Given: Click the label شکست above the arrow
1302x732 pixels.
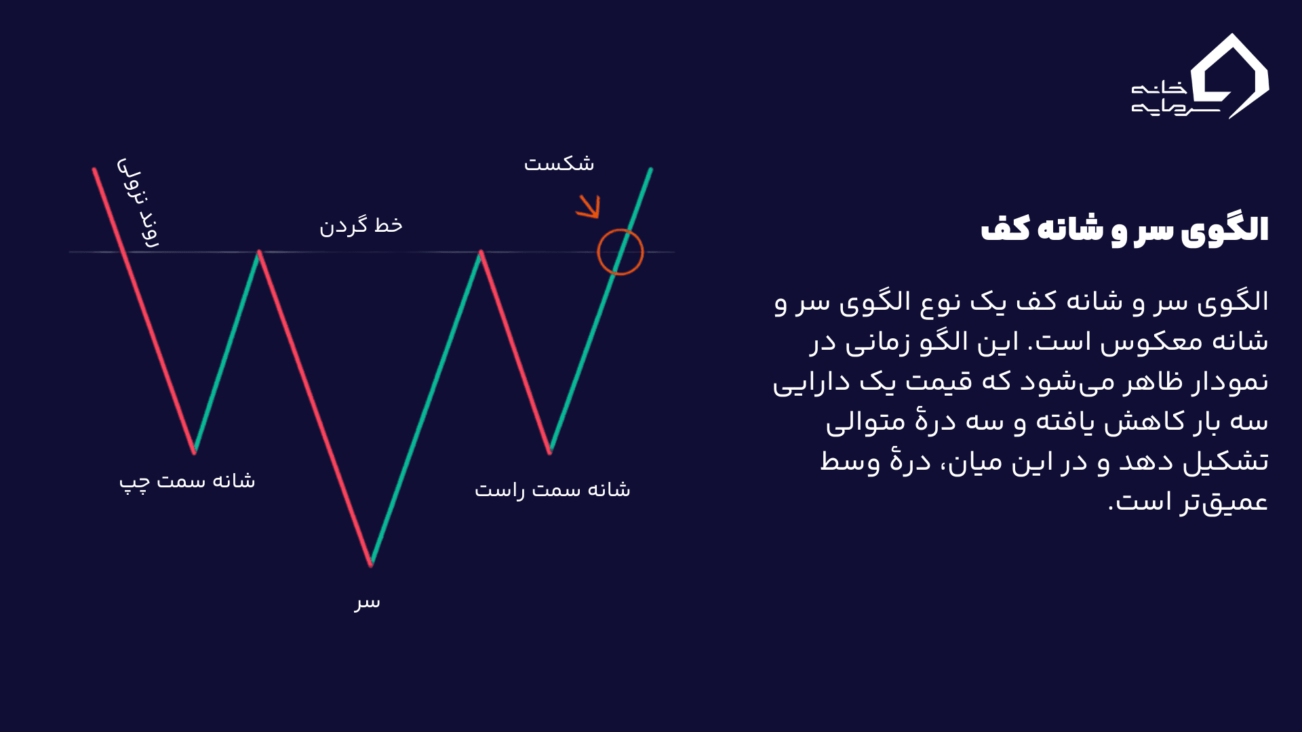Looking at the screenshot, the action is (559, 163).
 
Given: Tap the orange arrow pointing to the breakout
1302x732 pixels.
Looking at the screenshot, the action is (589, 207).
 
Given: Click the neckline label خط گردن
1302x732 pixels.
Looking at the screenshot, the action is (361, 226).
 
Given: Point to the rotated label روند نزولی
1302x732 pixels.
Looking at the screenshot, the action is (138, 203).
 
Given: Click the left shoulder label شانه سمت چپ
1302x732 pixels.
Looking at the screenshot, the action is (187, 482).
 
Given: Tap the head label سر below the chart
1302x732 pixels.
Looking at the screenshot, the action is (367, 602).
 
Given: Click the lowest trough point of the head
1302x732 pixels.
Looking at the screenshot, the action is (371, 564).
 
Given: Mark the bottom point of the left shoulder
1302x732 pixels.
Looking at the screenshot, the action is (195, 451).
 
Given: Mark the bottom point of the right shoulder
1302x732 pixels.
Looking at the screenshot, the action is (550, 451).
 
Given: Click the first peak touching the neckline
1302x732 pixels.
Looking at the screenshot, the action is (259, 252).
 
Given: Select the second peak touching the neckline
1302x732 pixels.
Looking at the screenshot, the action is (481, 252).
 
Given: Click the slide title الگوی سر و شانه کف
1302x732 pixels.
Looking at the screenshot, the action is (1124, 230).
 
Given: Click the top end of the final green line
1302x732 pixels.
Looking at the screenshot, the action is (650, 169).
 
